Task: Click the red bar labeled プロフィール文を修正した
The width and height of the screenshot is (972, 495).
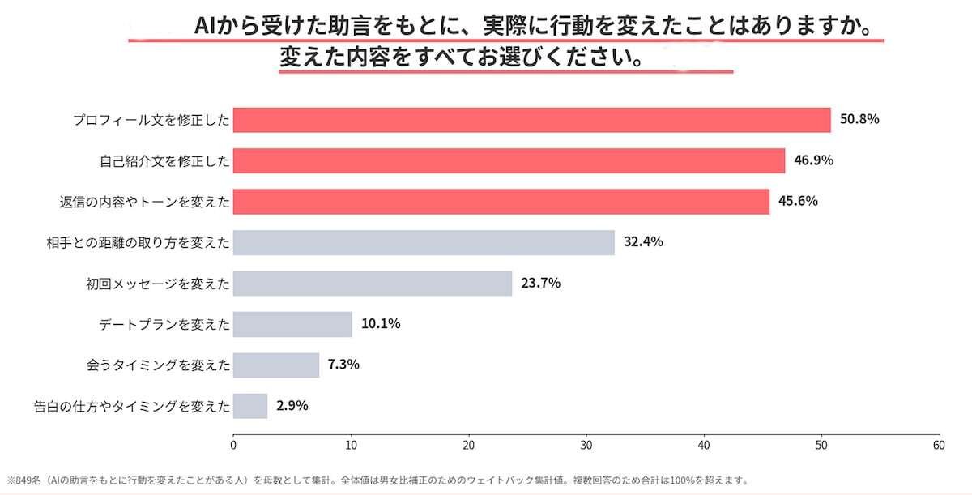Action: pyautogui.click(x=532, y=120)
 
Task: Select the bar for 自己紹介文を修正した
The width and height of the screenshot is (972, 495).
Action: pyautogui.click(x=509, y=161)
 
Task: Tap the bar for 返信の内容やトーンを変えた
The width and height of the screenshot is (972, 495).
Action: pyautogui.click(x=501, y=202)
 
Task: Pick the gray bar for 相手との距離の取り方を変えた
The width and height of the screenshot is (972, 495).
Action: pyautogui.click(x=424, y=242)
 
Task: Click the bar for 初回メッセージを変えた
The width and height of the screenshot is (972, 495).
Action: pyautogui.click(x=373, y=284)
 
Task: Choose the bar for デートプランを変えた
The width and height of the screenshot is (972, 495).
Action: pyautogui.click(x=292, y=324)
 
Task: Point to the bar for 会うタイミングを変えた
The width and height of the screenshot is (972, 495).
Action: pyautogui.click(x=276, y=365)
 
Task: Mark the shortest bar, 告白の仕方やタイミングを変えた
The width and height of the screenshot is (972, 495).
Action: pyautogui.click(x=250, y=406)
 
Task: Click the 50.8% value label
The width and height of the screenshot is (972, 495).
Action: pyautogui.click(x=859, y=119)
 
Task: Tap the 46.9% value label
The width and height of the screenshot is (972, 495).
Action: pyautogui.click(x=813, y=160)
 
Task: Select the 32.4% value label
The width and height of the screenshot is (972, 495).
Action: pyautogui.click(x=643, y=241)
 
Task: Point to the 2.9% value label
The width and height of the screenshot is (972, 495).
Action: pyautogui.click(x=292, y=406)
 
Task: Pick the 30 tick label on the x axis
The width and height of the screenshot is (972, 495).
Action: pyautogui.click(x=586, y=446)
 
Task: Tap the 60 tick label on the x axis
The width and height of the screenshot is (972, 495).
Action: pyautogui.click(x=939, y=446)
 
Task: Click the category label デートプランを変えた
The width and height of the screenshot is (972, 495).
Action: pyautogui.click(x=164, y=325)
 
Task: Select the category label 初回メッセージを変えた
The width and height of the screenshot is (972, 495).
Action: pyautogui.click(x=157, y=284)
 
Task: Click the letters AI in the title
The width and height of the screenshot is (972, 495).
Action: pyautogui.click(x=205, y=26)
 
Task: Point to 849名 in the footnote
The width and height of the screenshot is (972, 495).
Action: pyautogui.click(x=28, y=480)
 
